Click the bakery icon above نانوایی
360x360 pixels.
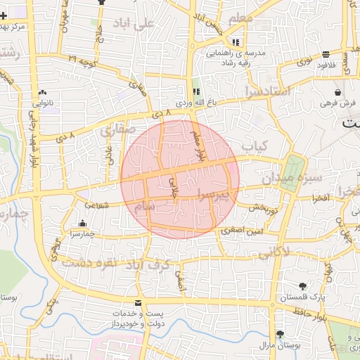coord(44,92)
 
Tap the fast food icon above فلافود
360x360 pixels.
coord(326,54)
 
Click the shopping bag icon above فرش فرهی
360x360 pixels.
coord(339,92)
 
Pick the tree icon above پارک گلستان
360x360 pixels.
coord(302,285)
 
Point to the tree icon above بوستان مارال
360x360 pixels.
coord(280,333)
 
